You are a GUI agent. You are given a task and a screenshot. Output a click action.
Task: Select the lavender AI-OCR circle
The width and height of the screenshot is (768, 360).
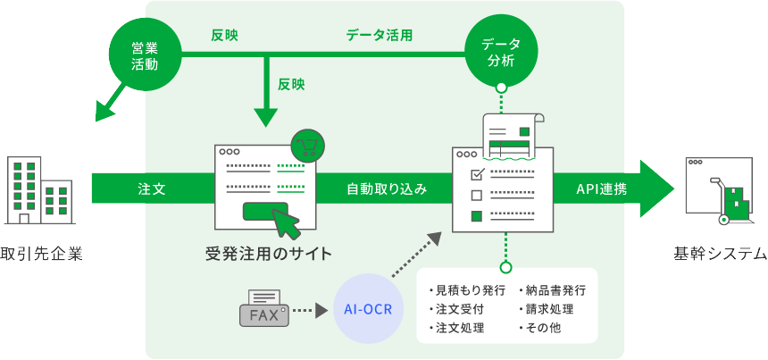click(x=369, y=310)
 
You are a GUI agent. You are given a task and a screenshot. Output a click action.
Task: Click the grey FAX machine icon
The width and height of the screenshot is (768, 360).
click(x=264, y=308)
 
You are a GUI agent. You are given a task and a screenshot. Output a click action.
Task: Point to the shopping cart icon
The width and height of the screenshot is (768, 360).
click(x=307, y=145)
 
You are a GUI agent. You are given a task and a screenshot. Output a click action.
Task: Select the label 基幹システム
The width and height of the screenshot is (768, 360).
click(x=720, y=254)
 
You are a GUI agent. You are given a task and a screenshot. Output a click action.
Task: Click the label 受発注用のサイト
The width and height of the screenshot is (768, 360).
click(x=268, y=254)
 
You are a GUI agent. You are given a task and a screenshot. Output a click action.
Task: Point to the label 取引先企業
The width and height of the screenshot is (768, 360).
click(x=41, y=254)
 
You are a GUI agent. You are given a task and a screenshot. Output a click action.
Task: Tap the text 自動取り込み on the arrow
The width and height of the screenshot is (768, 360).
click(x=387, y=189)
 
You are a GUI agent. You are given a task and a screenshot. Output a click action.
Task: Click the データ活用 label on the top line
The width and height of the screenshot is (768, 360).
click(x=380, y=36)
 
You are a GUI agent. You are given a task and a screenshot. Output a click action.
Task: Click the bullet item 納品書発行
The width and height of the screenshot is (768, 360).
click(x=554, y=291)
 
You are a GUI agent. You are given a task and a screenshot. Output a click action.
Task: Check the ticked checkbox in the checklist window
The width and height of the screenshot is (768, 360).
click(x=476, y=172)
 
